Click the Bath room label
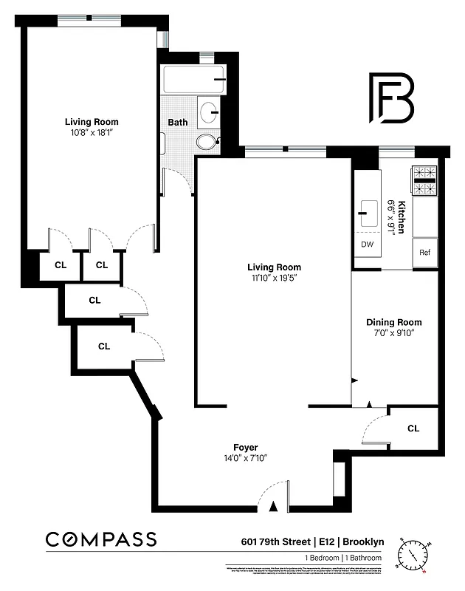(177, 123)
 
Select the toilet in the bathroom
(207, 140)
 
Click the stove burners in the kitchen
(424, 182)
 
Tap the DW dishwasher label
(367, 245)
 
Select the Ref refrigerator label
(424, 252)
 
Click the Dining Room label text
(394, 322)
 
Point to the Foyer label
(245, 448)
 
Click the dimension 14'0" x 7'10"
(245, 458)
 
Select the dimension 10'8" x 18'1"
(92, 133)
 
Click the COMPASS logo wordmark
(101, 539)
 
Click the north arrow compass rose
(413, 554)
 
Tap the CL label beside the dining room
(413, 428)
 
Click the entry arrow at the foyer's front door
(274, 506)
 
